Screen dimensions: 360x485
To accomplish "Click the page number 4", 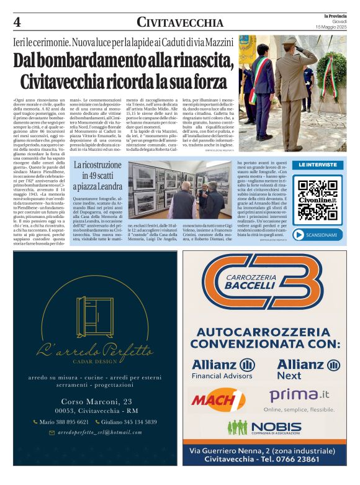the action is pos(17,22).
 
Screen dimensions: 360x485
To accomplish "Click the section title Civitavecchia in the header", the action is pos(180,23).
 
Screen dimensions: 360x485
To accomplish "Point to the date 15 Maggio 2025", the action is pos(331,27).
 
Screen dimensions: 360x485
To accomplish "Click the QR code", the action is pos(317,200).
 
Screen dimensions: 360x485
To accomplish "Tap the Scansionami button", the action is pos(317,235).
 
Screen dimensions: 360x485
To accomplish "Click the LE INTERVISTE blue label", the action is pos(317,165).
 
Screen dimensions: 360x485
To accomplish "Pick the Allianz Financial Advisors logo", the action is pos(223,368).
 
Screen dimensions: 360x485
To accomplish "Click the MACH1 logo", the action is pos(218,399).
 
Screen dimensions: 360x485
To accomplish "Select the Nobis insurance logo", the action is pos(264,427).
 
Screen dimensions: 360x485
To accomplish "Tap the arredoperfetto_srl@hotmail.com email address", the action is pos(94,432).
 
